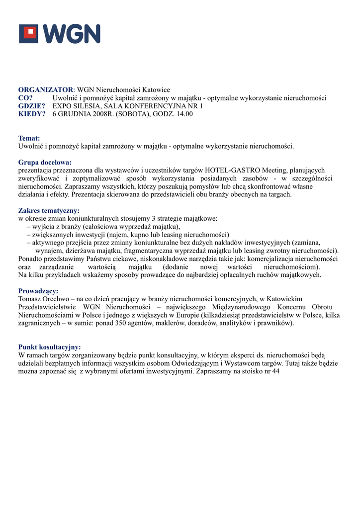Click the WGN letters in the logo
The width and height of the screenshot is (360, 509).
(71, 34)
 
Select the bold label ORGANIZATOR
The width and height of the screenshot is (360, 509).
(46, 90)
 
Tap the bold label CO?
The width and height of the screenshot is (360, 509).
(26, 98)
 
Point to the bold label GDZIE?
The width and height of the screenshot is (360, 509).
(32, 106)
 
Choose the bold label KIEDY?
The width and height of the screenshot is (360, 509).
(32, 114)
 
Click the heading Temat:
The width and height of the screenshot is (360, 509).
(29, 138)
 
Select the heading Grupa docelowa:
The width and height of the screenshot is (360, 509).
(45, 162)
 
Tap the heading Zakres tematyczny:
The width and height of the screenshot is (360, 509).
(49, 210)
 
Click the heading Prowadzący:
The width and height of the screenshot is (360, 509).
(38, 291)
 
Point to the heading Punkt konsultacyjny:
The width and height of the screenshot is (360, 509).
(49, 347)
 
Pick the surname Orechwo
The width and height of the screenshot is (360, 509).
(61, 299)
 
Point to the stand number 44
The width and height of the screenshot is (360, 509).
(275, 371)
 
